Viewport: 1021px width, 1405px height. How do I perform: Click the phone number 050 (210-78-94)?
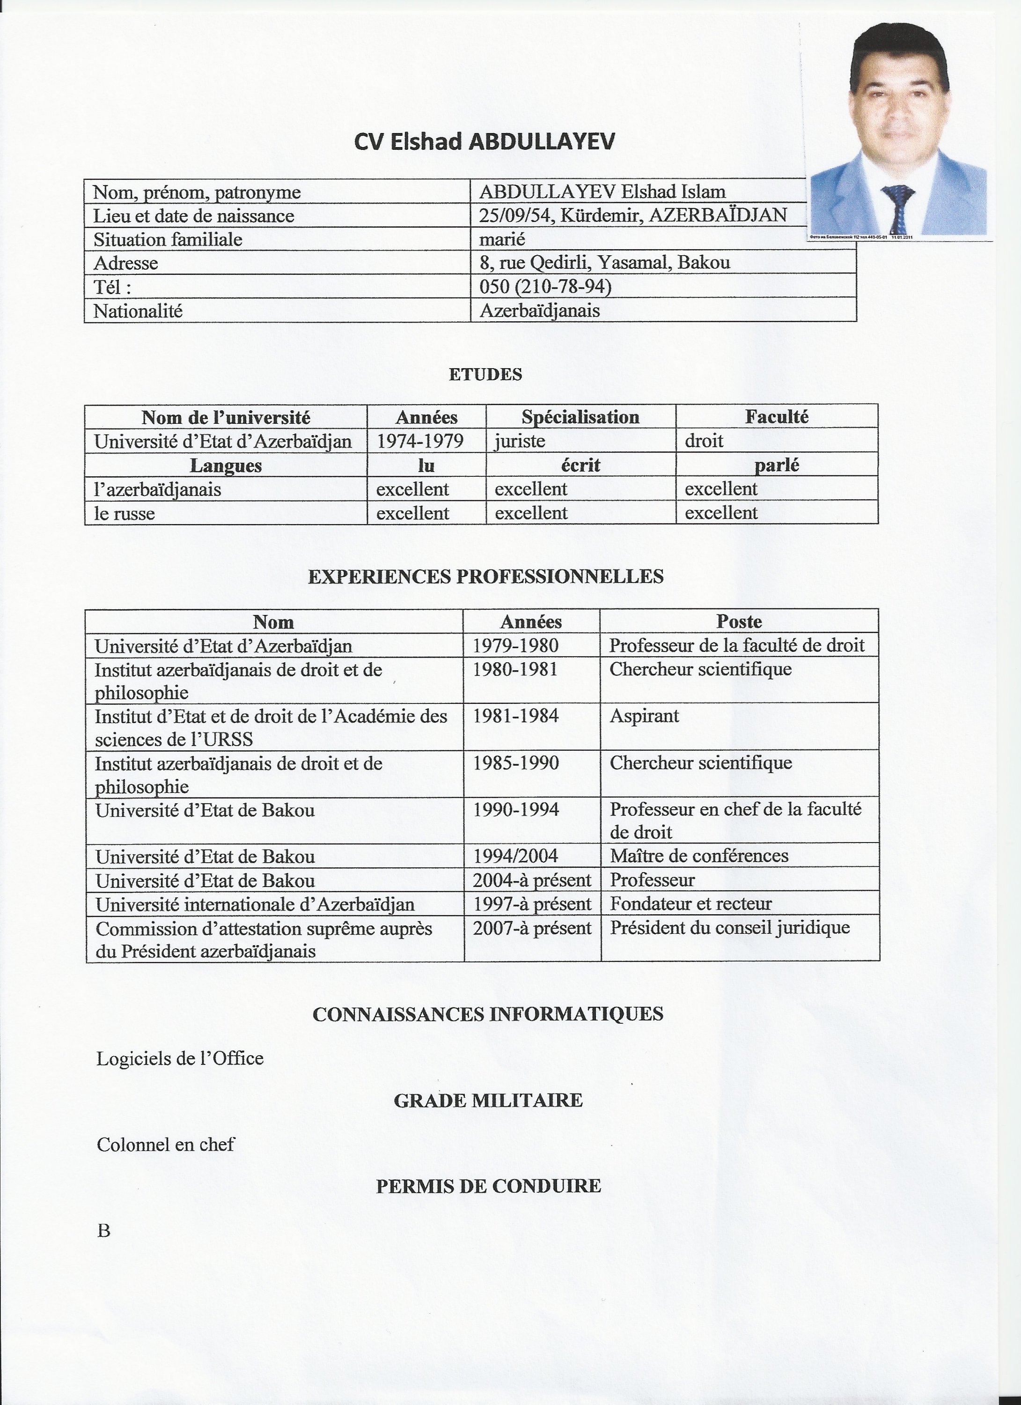pos(545,286)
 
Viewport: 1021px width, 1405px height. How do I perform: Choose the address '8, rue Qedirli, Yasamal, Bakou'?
pos(604,263)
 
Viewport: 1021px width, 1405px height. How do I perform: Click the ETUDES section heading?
pos(485,374)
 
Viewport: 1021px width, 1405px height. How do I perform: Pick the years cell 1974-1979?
pos(420,441)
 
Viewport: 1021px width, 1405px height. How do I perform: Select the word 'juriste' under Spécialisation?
pos(520,441)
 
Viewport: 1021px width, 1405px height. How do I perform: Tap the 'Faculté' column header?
pos(777,417)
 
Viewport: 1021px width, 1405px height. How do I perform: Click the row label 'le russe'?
pos(125,514)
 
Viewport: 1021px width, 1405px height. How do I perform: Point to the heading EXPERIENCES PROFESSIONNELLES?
pos(485,577)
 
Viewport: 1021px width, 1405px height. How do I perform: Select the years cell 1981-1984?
pos(516,716)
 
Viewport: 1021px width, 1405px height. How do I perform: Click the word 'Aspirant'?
pos(644,716)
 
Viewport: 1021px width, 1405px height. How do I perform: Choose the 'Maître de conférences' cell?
pos(699,856)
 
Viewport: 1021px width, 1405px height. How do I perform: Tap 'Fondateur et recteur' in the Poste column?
pos(690,904)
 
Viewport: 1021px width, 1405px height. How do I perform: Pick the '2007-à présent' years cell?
pos(532,928)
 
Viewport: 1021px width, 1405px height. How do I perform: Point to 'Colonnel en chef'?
pos(165,1144)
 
